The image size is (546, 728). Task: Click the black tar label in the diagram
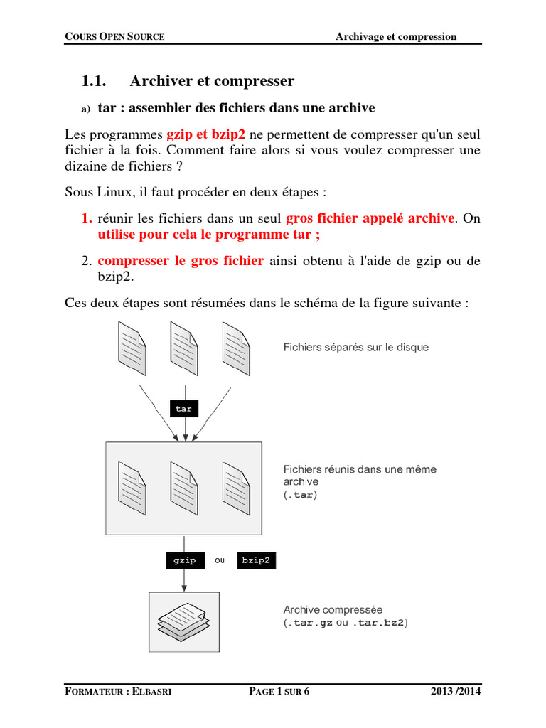[x=183, y=409]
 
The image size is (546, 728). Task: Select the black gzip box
[x=184, y=560]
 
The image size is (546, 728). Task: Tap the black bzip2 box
[x=256, y=560]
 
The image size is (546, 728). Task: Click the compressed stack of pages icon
[x=184, y=618]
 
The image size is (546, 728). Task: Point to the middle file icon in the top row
[x=184, y=345]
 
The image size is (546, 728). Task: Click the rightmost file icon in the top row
[x=236, y=345]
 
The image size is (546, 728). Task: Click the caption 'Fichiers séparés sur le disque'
[x=355, y=348]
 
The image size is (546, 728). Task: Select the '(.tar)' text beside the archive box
[x=300, y=495]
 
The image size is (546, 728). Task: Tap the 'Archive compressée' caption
[x=333, y=609]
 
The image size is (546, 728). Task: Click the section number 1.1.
[x=94, y=81]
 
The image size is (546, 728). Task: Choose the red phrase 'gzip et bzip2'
[x=206, y=134]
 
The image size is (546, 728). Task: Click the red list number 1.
[x=87, y=218]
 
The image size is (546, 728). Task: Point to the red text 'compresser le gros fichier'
[x=181, y=261]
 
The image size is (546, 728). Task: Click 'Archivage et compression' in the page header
[x=396, y=36]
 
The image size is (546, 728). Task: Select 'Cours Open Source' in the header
[x=114, y=37]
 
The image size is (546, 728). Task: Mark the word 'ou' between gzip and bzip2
[x=220, y=560]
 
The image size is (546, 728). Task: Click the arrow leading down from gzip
[x=184, y=579]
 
